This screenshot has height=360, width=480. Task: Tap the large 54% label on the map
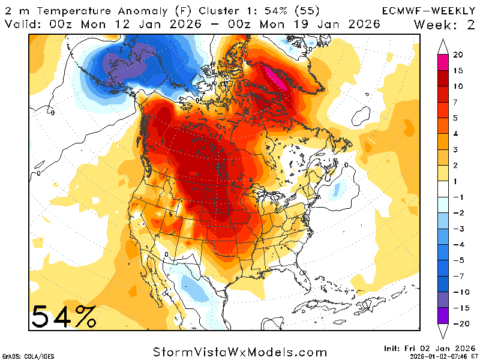[63, 316]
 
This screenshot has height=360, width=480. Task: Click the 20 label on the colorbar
[458, 55]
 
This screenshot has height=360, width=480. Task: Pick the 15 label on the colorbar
[458, 71]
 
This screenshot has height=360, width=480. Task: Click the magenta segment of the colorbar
[443, 62]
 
